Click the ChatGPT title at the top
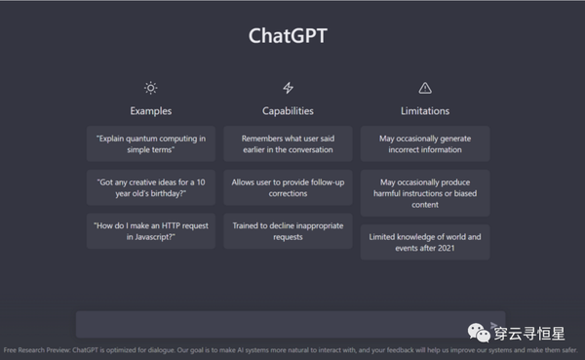tap(288, 36)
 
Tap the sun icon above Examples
tap(150, 88)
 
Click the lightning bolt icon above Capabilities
tap(288, 88)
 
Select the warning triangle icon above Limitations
tap(424, 88)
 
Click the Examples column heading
tap(150, 111)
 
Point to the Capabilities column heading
tap(288, 111)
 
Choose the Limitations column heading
tap(424, 111)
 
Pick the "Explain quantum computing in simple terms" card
tap(150, 144)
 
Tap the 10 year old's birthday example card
tap(150, 187)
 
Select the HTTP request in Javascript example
tap(150, 230)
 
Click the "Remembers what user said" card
tap(288, 144)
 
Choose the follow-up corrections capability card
tap(288, 187)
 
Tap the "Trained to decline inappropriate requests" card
tap(288, 230)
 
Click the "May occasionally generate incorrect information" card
tap(424, 144)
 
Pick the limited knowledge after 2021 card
tap(424, 242)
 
